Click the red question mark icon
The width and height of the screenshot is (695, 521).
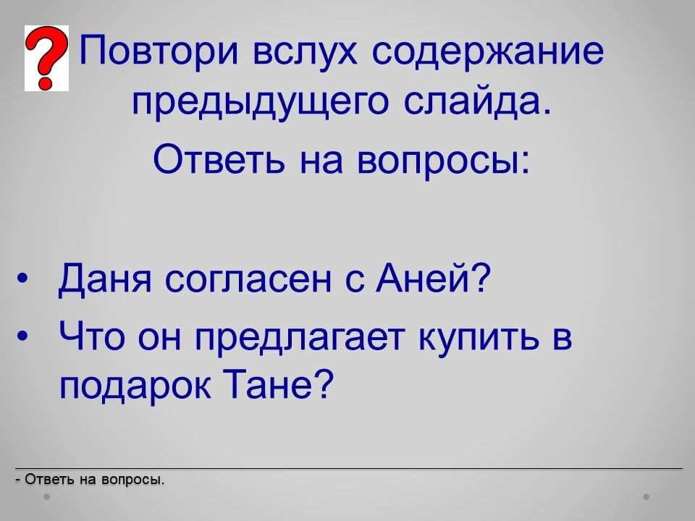coord(46,58)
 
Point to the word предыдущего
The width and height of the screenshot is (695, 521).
coord(260,103)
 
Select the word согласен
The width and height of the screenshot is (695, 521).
coord(248,281)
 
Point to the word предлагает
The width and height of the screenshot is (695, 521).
coord(300,339)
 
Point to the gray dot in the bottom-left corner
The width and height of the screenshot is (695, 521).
coord(46,496)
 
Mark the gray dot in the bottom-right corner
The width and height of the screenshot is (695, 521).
coord(646,496)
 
